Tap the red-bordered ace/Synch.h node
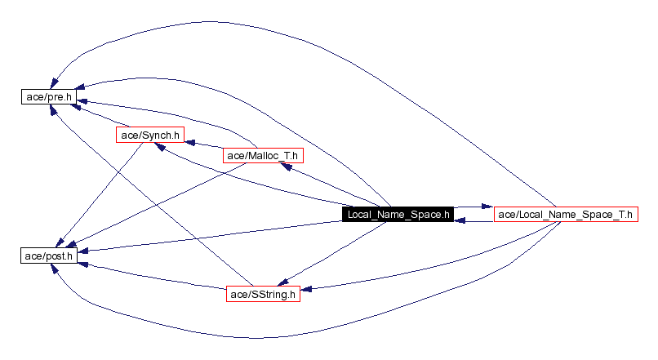[x=150, y=135]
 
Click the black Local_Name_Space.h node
[x=398, y=215]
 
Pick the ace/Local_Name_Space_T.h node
[x=564, y=215]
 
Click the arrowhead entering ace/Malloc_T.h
[x=285, y=165]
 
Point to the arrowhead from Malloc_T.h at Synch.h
[x=190, y=141]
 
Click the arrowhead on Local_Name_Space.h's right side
[x=460, y=220]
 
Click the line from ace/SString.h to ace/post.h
[x=155, y=276]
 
